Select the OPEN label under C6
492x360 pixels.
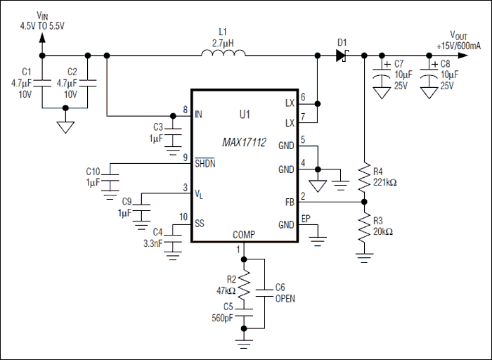click(x=285, y=298)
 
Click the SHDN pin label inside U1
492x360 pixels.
click(x=206, y=163)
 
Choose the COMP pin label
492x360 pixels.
click(x=244, y=234)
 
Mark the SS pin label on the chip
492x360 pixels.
click(x=200, y=223)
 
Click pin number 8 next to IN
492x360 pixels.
click(x=185, y=110)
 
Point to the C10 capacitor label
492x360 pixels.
click(x=93, y=172)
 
